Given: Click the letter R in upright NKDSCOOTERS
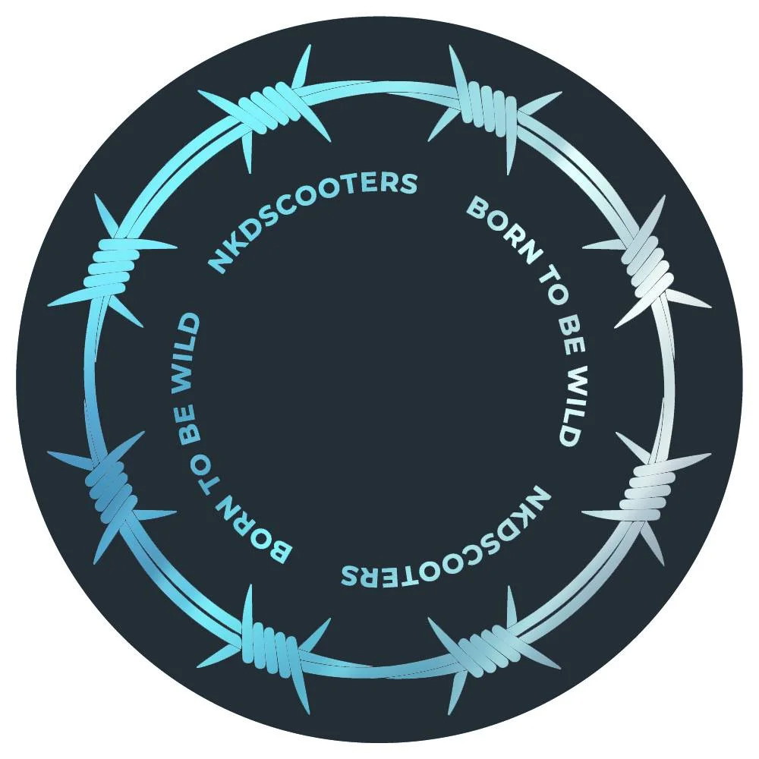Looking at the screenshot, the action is [x=393, y=183].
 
